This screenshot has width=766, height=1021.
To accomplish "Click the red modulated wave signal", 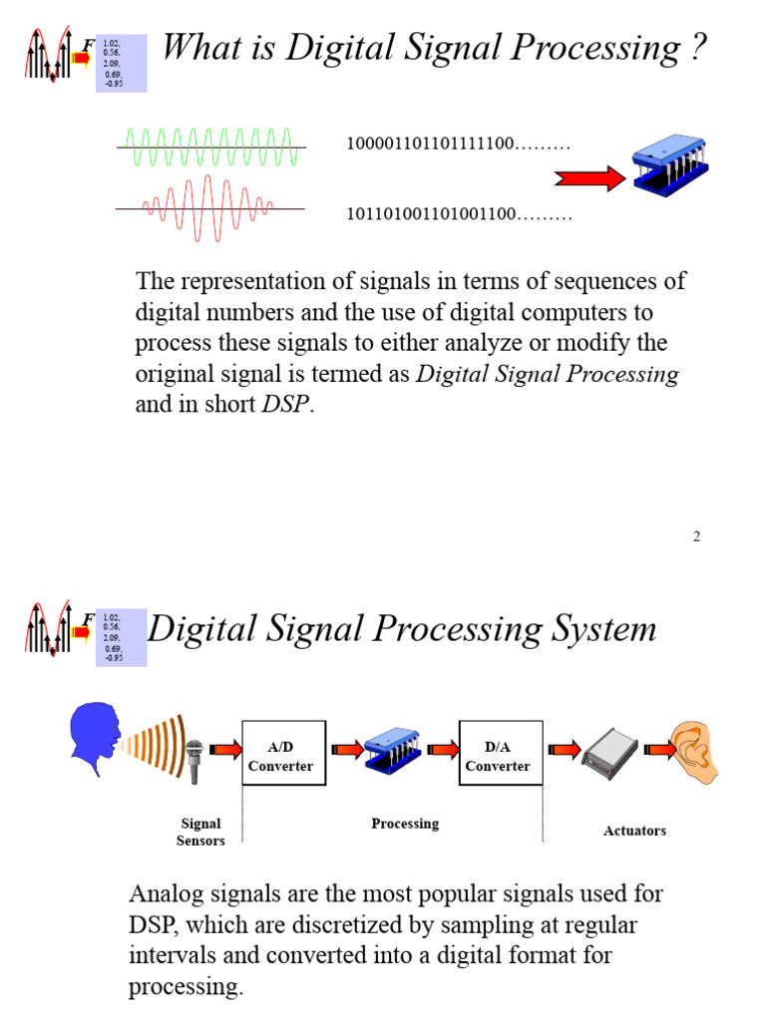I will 209,208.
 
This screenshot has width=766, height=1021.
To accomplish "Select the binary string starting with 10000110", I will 458,145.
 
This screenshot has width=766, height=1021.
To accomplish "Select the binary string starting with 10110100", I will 459,214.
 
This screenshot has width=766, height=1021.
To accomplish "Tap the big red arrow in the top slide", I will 588,178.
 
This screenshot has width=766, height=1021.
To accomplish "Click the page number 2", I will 697,536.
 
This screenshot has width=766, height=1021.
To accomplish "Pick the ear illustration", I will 694,753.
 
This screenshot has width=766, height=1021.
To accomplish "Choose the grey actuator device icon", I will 609,757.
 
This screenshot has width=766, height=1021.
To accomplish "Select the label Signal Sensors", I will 200,832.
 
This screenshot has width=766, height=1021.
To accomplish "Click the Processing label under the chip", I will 405,824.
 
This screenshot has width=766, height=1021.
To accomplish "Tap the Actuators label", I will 634,831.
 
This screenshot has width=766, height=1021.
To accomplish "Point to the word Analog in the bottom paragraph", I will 165,892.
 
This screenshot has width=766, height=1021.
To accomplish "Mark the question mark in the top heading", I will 697,47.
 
